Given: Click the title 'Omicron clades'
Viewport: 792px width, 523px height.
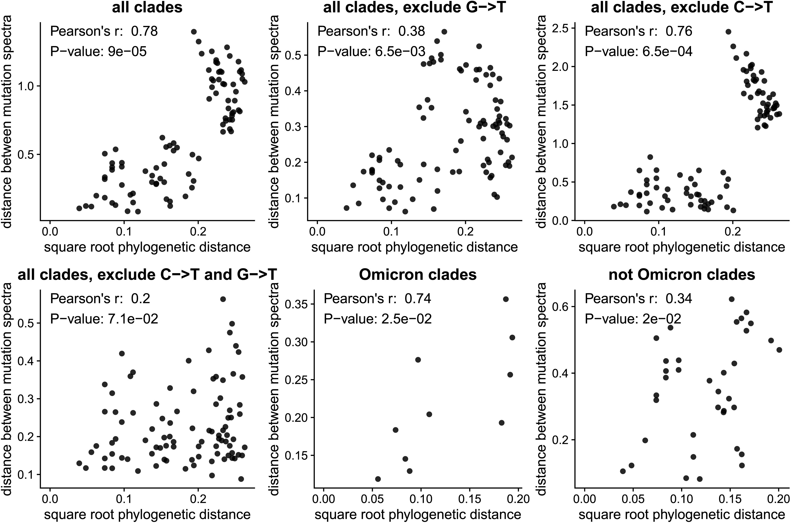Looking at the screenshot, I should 418,275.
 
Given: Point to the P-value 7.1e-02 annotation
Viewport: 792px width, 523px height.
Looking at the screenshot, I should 104,319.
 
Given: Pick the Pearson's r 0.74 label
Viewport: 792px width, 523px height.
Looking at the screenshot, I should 377,299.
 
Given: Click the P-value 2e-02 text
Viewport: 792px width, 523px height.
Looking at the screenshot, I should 633,319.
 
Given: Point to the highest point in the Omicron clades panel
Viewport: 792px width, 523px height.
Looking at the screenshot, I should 506,299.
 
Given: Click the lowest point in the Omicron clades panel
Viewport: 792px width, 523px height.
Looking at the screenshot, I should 378,479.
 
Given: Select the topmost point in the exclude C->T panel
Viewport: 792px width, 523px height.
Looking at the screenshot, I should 728,32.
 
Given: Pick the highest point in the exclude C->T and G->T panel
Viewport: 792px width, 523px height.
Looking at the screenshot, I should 223,299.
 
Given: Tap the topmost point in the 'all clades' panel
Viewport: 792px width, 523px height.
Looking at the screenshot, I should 194,32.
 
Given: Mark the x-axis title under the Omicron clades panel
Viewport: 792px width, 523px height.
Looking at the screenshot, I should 418,515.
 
